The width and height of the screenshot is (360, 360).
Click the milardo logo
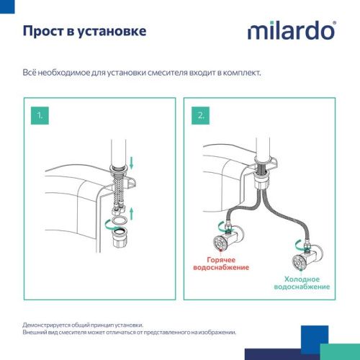(291, 31)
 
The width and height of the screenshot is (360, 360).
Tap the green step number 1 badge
(42, 116)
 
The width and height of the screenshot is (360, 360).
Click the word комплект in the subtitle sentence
(241, 73)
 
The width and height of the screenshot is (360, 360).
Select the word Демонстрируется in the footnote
(44, 325)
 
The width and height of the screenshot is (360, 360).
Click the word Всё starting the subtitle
(30, 73)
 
